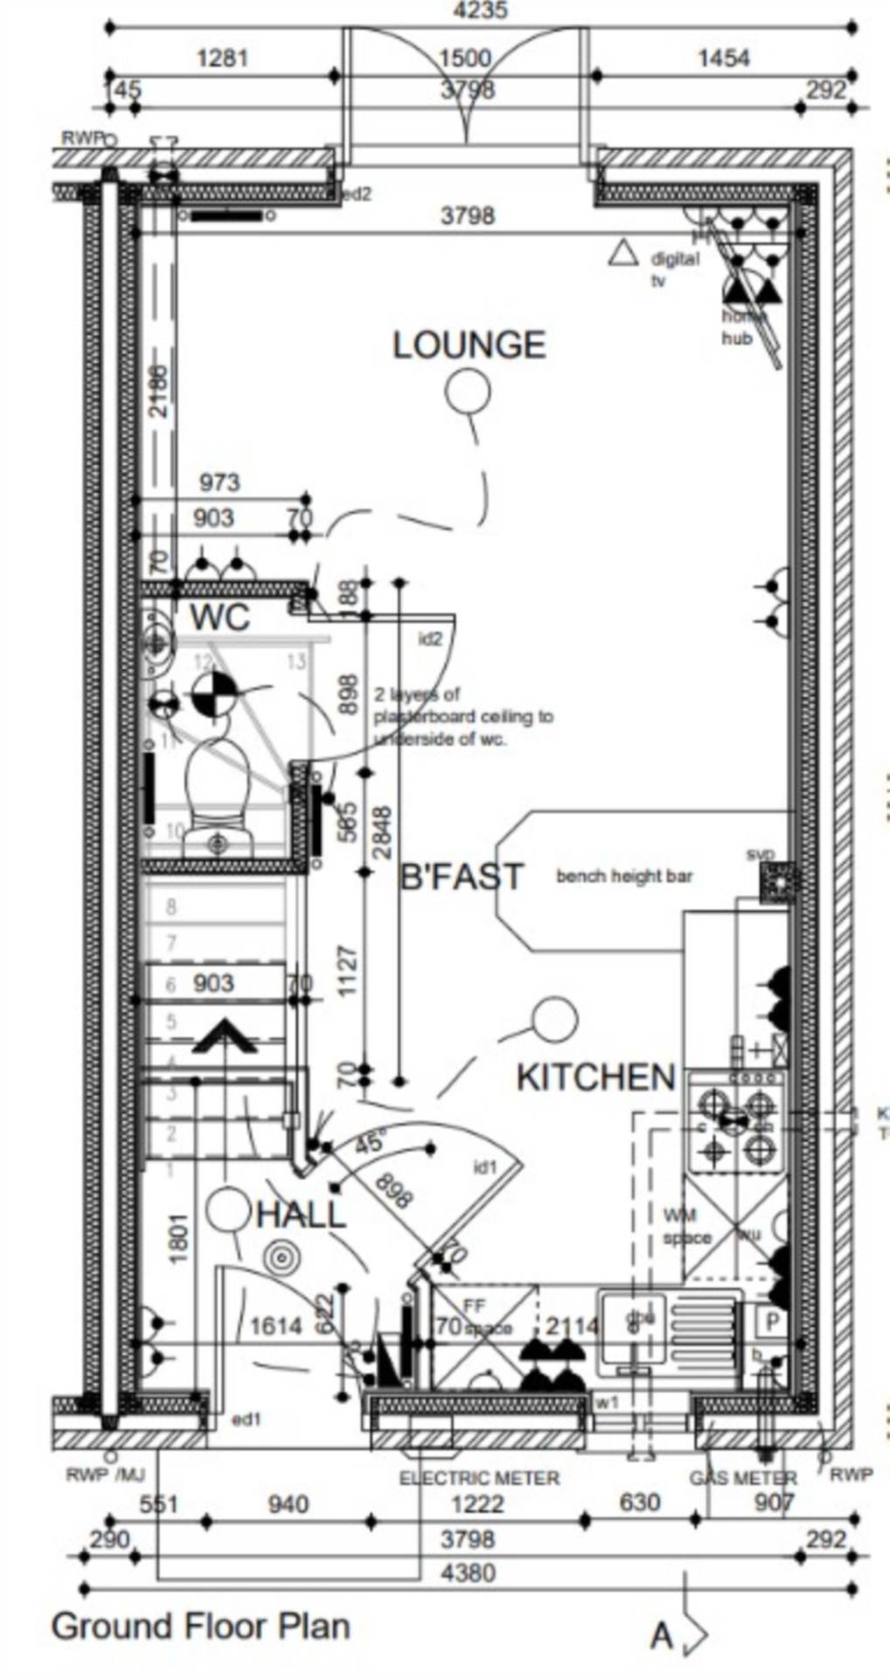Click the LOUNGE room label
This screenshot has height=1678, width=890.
pyautogui.click(x=469, y=345)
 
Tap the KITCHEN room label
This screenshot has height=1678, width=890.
pyautogui.click(x=596, y=1078)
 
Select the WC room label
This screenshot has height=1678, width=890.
pyautogui.click(x=219, y=617)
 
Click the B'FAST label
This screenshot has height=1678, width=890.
pyautogui.click(x=461, y=877)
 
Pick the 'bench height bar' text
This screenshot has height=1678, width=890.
pyautogui.click(x=624, y=876)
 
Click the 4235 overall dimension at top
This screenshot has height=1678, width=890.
pyautogui.click(x=480, y=10)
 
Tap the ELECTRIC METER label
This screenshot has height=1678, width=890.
pyautogui.click(x=479, y=1478)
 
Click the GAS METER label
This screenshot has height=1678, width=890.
pyautogui.click(x=742, y=1478)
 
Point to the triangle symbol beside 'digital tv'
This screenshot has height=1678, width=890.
pyautogui.click(x=623, y=253)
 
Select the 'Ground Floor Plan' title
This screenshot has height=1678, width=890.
pyautogui.click(x=200, y=1627)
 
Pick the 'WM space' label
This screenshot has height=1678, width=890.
pyautogui.click(x=687, y=1226)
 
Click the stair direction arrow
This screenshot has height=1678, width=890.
pyautogui.click(x=224, y=1037)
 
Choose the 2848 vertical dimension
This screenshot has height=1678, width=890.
pyautogui.click(x=383, y=832)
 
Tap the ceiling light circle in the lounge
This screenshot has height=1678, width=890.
pyautogui.click(x=467, y=392)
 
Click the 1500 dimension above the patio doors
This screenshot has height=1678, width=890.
pyautogui.click(x=464, y=59)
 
